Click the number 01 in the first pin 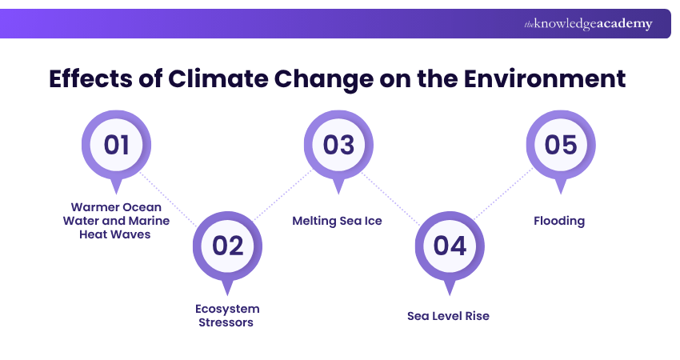click(117, 145)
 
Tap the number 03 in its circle click(338, 145)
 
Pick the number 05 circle click(560, 145)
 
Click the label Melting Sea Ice click(337, 221)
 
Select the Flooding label click(559, 221)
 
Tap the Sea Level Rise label click(448, 316)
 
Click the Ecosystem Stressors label click(228, 315)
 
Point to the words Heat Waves click(116, 234)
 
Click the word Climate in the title click(218, 80)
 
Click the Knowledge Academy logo click(588, 24)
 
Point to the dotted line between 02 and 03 click(282, 196)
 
